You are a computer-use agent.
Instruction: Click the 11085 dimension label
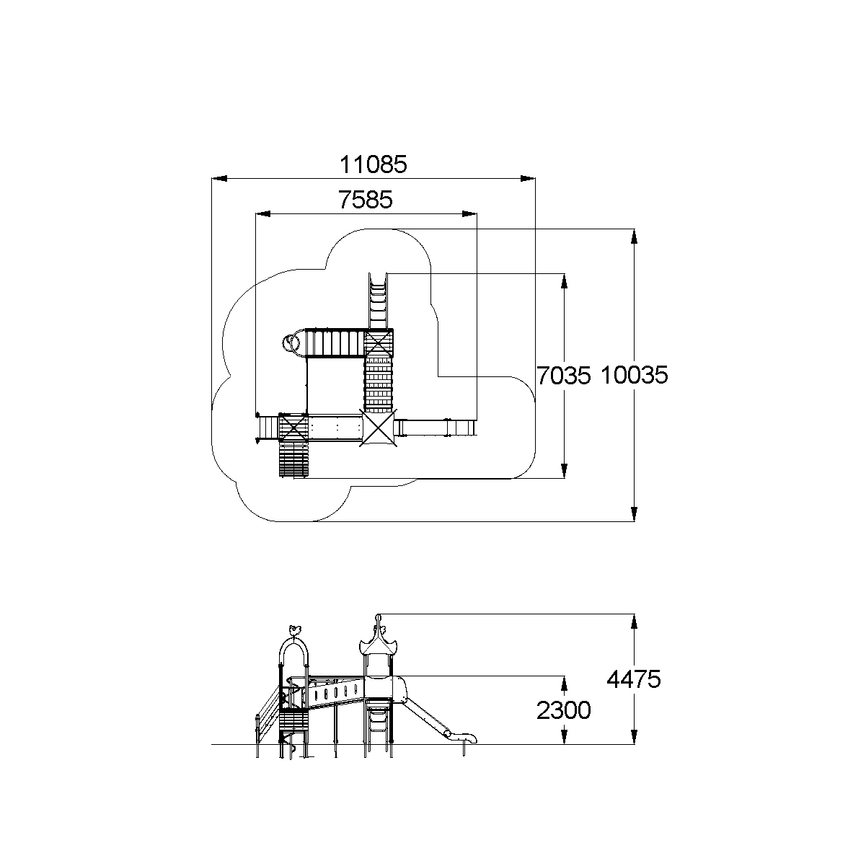(x=373, y=164)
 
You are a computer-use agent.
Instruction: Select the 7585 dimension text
(x=366, y=200)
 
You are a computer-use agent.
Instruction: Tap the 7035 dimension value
(x=564, y=376)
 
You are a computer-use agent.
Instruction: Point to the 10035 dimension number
(x=634, y=375)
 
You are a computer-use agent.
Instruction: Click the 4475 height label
(x=634, y=679)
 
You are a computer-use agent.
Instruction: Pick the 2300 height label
(x=564, y=710)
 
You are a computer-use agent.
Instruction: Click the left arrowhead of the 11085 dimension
(x=219, y=179)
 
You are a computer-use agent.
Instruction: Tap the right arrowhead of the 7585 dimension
(x=469, y=214)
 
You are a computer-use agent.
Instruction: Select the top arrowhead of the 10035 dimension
(x=634, y=237)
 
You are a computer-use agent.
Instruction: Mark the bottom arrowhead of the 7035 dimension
(x=565, y=471)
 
